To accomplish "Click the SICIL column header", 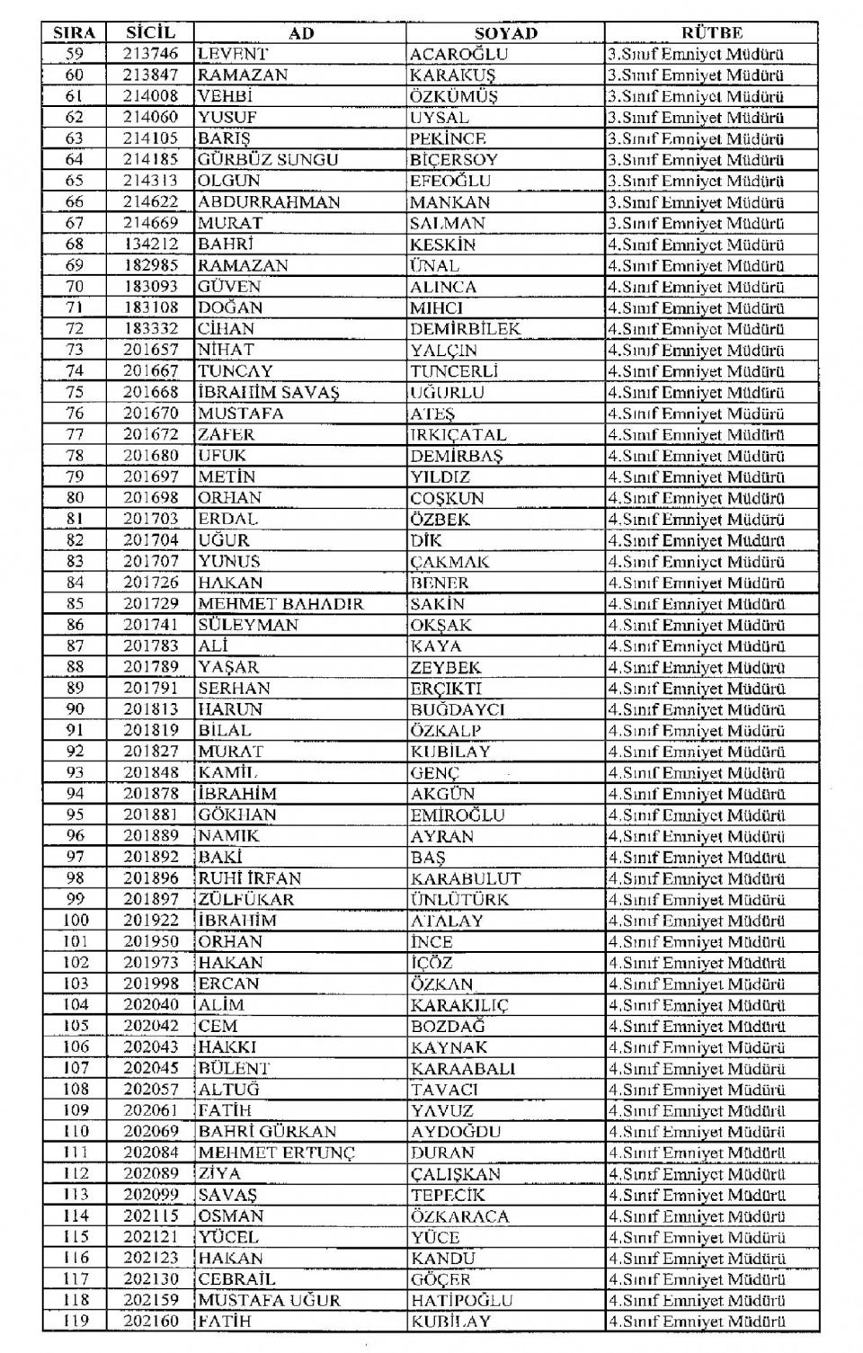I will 150,33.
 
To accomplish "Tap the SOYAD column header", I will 505,33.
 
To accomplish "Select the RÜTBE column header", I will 711,33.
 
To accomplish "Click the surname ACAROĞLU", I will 458,54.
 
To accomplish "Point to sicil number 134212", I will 150,245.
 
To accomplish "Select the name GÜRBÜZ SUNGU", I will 268,160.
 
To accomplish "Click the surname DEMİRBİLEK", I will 465,329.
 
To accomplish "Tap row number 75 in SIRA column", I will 75,392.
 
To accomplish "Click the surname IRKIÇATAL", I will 458,434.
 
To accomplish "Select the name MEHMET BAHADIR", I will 280,604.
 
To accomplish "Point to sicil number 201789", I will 150,667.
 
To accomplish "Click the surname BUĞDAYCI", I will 458,709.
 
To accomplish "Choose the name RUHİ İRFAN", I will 250,878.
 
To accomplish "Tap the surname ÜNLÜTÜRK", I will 459,899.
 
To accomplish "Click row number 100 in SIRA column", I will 76,921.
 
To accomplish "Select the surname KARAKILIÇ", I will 459,1005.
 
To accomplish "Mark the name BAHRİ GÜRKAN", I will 267,1132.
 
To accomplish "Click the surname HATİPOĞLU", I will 461,1301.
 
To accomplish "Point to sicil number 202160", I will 150,1322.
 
